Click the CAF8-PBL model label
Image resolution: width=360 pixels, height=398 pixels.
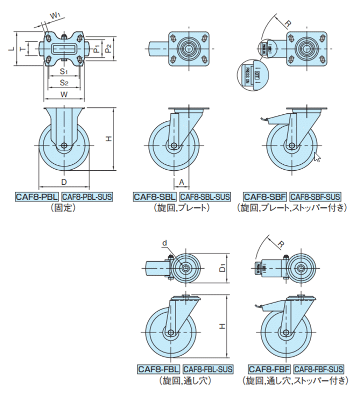[37, 196]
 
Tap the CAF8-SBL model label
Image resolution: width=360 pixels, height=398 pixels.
[154, 196]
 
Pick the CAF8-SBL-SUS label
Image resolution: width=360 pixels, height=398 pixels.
[205, 196]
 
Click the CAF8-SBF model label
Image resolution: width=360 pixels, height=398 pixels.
[264, 196]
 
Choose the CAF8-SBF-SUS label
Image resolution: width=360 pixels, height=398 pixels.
[315, 196]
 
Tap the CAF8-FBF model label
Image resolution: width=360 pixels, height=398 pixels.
[267, 369]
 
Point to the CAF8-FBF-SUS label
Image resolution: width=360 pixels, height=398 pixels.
[318, 369]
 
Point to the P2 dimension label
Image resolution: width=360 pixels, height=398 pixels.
[109, 48]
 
